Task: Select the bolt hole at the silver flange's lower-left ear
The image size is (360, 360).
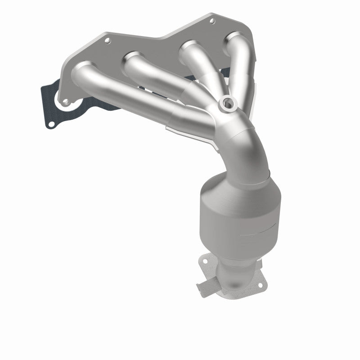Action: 66,102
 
